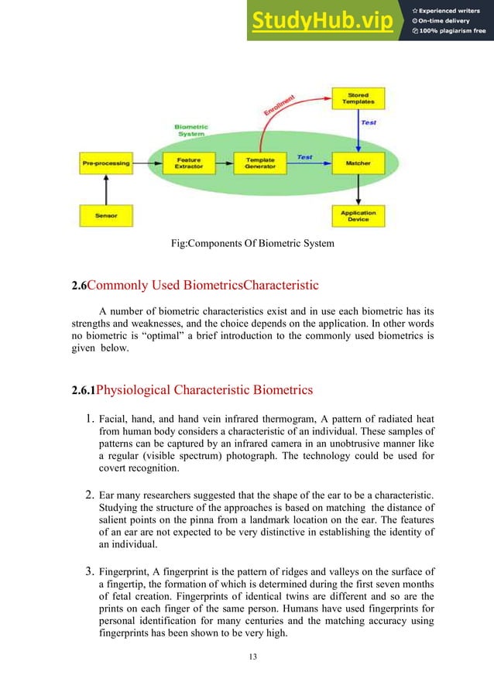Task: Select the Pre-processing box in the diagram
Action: click(105, 163)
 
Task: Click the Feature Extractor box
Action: click(188, 163)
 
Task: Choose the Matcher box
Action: click(358, 163)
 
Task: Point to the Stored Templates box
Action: click(358, 99)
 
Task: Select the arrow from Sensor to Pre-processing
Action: click(106, 190)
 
